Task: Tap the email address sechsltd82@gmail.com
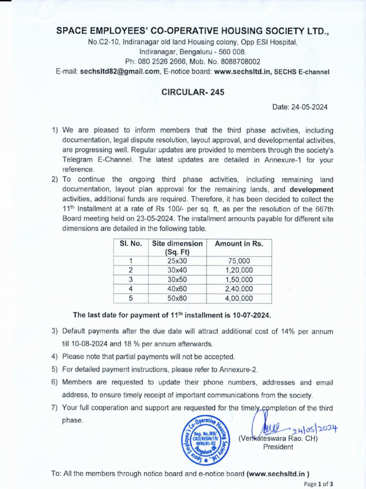point(120,72)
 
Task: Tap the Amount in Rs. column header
point(239,244)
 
